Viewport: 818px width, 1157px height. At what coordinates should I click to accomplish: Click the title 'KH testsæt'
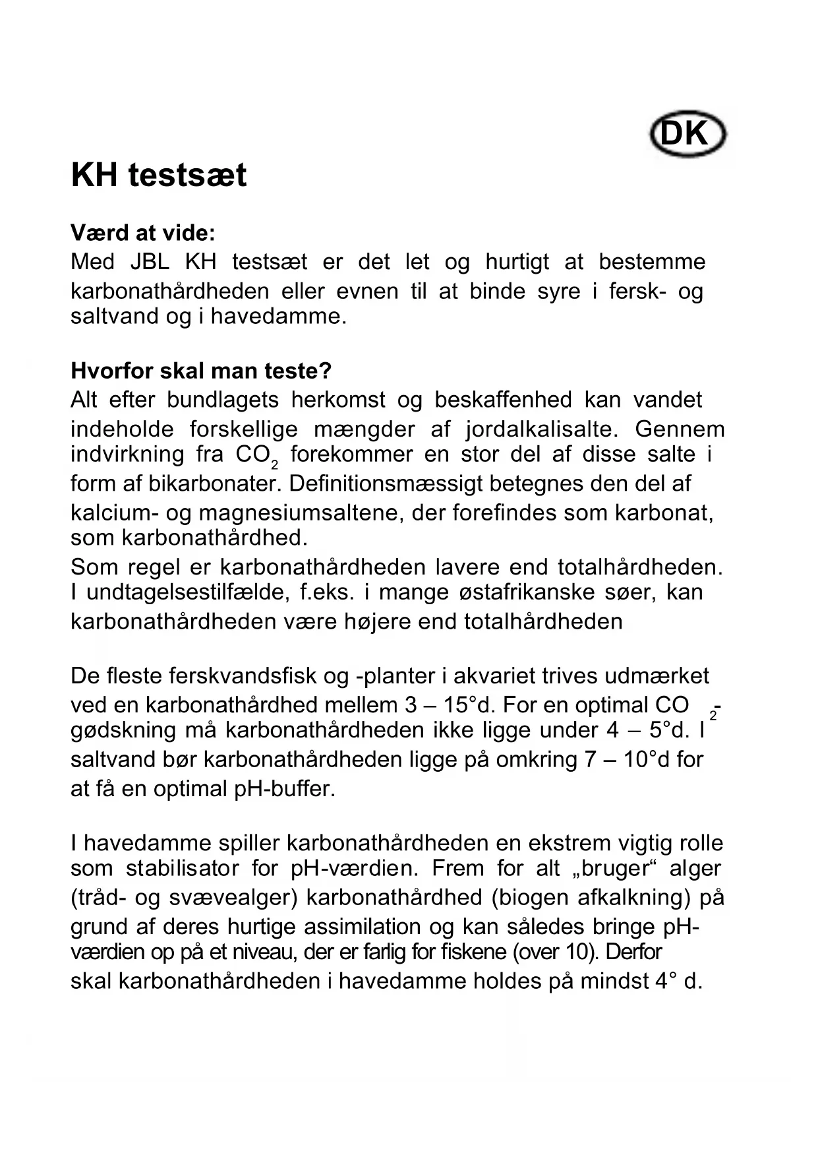tap(159, 175)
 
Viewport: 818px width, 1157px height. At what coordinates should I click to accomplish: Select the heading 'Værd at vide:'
tap(143, 233)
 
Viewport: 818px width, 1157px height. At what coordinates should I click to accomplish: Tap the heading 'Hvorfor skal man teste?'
tap(201, 371)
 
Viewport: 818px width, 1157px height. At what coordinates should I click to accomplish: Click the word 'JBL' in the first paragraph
tap(150, 262)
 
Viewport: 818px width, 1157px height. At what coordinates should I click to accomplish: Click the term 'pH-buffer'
tap(285, 789)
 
